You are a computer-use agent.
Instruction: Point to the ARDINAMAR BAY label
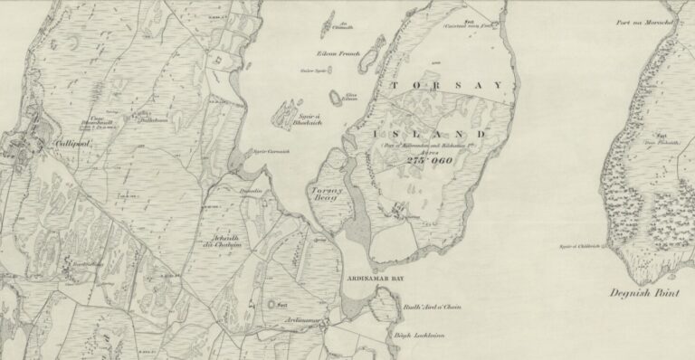coord(372,281)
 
